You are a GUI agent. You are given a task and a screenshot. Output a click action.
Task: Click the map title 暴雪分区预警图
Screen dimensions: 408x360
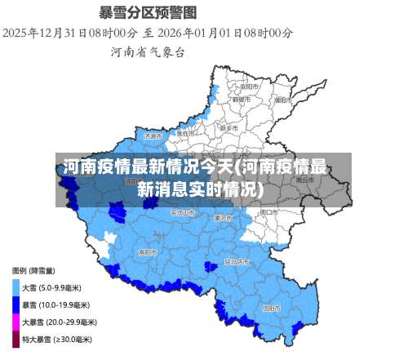click(148, 12)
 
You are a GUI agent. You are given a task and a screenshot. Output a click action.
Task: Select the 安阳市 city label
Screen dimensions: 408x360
click(249, 86)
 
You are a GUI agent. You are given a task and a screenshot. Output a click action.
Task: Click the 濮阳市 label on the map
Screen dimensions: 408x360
click(282, 100)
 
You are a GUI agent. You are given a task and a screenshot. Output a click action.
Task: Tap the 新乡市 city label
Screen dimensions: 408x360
click(229, 128)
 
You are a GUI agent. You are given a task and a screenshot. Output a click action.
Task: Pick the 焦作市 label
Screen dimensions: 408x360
click(188, 132)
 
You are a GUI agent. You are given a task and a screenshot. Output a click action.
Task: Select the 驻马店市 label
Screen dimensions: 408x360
click(236, 262)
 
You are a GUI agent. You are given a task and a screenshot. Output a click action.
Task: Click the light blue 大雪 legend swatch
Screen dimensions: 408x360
click(16, 287)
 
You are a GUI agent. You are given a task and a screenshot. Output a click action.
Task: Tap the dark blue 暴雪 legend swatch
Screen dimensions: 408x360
click(16, 304)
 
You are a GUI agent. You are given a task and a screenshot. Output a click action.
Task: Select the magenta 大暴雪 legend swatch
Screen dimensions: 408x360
click(16, 322)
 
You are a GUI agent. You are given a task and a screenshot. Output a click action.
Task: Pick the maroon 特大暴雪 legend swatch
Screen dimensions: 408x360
click(16, 339)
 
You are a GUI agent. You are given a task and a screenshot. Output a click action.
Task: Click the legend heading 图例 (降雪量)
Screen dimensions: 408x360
click(33, 270)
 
